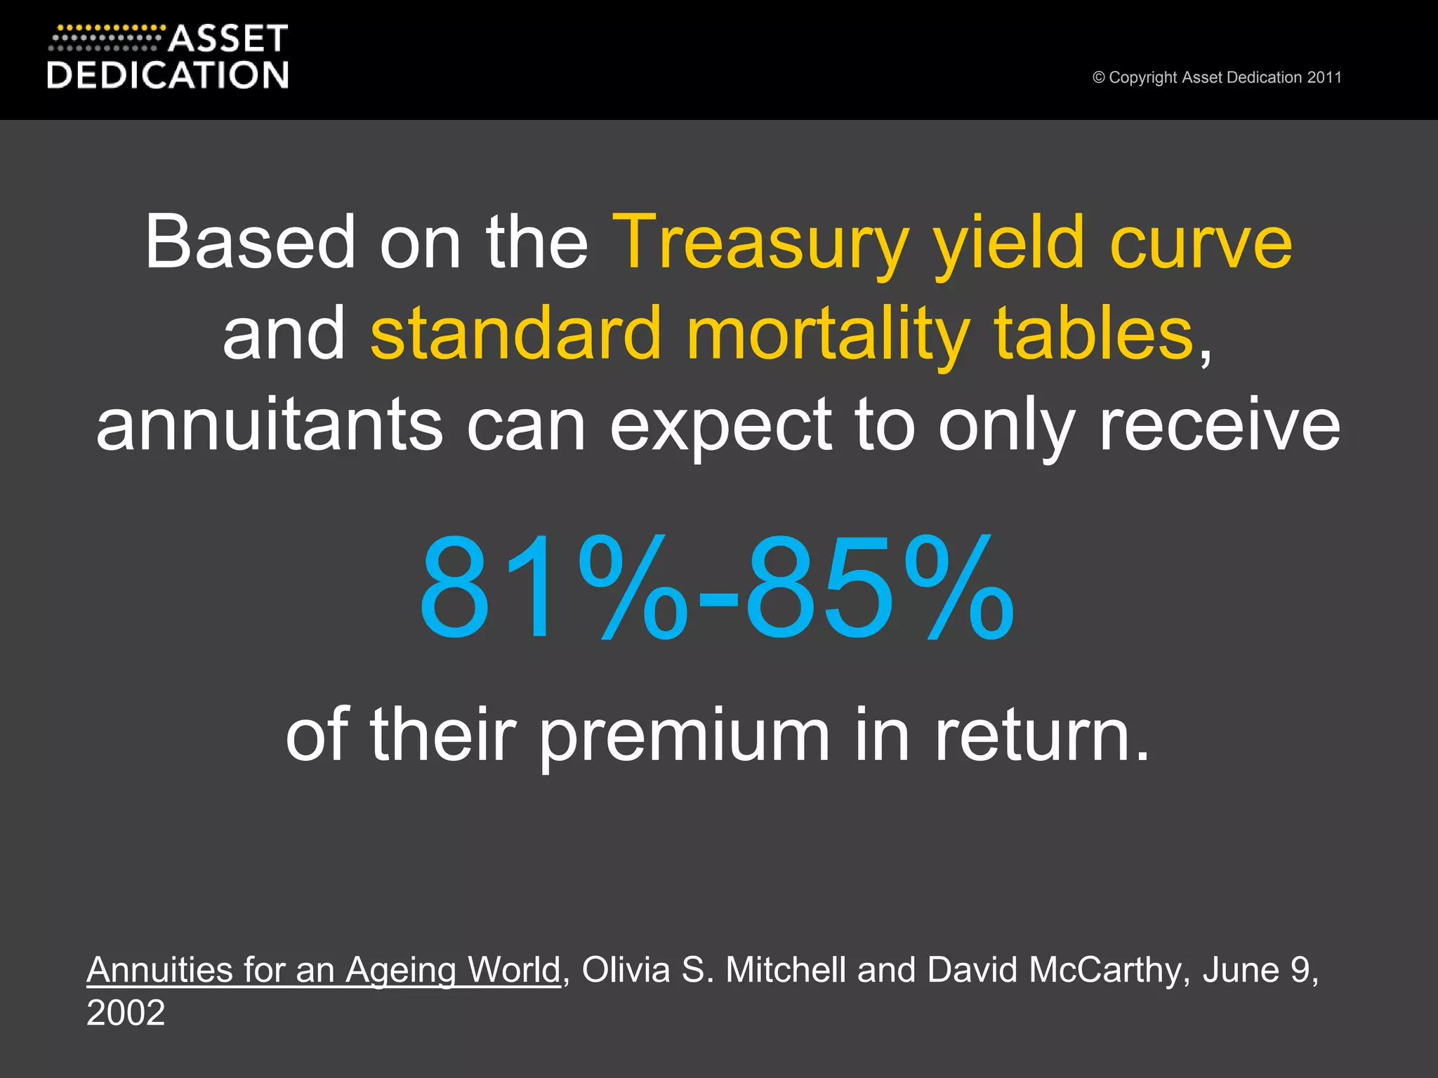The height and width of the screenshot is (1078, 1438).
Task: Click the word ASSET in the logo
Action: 228,39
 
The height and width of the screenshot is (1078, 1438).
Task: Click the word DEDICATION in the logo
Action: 168,75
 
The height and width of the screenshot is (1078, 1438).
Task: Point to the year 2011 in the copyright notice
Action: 1324,77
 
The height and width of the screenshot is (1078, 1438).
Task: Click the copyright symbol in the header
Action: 1099,77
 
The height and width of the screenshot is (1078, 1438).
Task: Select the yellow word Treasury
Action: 761,243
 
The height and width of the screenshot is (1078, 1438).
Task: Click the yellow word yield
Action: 1008,243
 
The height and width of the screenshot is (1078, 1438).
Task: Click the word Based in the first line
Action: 250,243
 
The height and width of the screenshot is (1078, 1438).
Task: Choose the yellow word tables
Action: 1094,334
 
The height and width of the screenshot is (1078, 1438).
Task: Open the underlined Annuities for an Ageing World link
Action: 324,971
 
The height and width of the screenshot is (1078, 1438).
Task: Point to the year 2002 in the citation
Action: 126,1013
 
